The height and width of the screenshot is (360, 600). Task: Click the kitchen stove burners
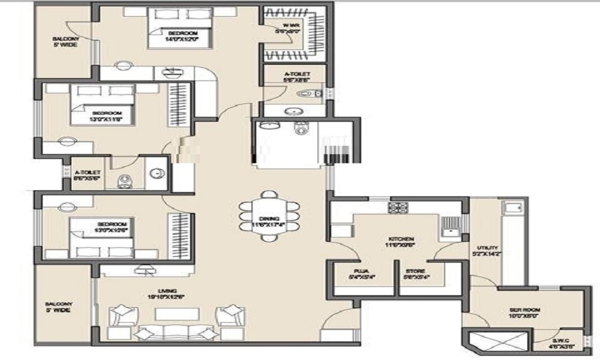pyautogui.click(x=398, y=208)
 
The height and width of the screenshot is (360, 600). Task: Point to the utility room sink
pyautogui.click(x=512, y=208)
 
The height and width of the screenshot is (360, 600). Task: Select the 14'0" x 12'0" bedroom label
pyautogui.click(x=181, y=36)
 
